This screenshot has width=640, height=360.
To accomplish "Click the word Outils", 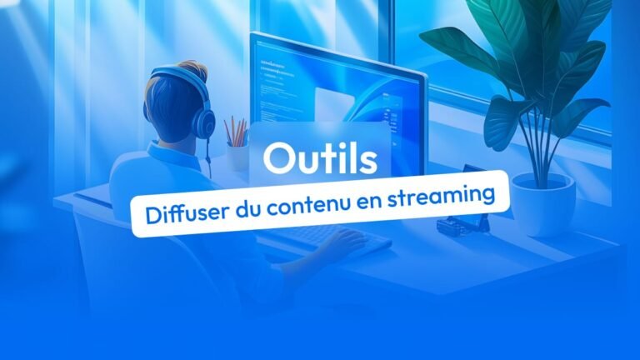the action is point(320,158).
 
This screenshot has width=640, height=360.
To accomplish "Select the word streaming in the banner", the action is point(441,197).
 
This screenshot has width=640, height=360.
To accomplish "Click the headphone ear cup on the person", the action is point(204,121).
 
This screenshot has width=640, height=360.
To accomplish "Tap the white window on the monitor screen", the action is point(334,106).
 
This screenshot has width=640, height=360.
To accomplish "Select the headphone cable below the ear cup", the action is point(208,157).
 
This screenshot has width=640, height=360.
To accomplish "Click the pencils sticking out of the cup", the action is point(237,131).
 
